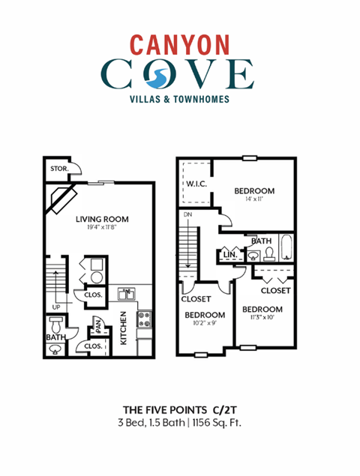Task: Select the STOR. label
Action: click(x=59, y=169)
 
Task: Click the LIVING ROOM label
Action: click(x=102, y=220)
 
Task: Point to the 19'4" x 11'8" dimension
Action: click(x=102, y=229)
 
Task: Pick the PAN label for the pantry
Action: click(x=97, y=326)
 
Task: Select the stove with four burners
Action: click(x=144, y=320)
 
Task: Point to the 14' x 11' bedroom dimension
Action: click(x=254, y=200)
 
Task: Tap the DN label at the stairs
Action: click(x=187, y=215)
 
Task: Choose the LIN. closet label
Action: click(x=230, y=255)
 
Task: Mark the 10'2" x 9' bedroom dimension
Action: click(x=205, y=324)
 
